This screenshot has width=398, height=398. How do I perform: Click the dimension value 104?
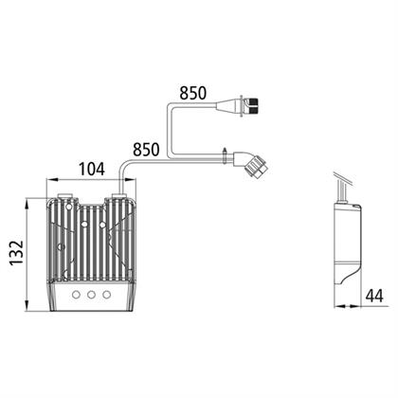tap(92, 169)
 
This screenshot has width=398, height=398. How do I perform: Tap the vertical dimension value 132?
tap(16, 253)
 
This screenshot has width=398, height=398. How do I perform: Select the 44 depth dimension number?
tap(374, 296)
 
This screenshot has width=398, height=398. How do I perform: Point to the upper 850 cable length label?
tap(192, 93)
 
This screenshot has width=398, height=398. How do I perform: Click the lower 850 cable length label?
tap(146, 150)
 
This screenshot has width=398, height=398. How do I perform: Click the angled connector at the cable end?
tap(252, 163)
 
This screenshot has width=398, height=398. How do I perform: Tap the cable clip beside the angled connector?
tap(224, 156)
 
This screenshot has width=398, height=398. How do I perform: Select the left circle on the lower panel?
tap(76, 295)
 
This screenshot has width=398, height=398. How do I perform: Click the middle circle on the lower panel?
tap(92, 295)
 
